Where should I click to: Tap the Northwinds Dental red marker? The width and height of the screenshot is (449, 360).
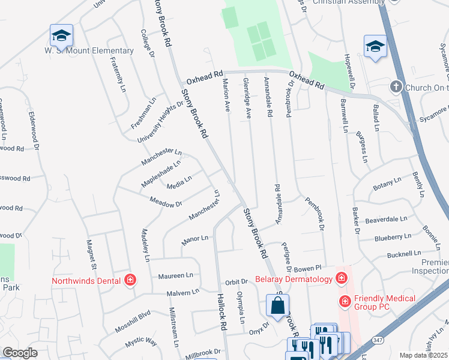(130, 280)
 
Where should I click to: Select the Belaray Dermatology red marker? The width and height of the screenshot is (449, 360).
(342, 278)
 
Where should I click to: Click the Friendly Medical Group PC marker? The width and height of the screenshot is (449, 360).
(345, 300)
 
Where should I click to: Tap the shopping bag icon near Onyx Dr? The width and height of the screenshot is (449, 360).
(278, 305)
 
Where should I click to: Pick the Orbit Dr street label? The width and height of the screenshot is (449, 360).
(237, 282)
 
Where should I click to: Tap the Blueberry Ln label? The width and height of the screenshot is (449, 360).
(393, 237)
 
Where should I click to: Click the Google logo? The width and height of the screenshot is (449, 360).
(20, 353)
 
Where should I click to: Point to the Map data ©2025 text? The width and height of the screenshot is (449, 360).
(423, 356)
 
